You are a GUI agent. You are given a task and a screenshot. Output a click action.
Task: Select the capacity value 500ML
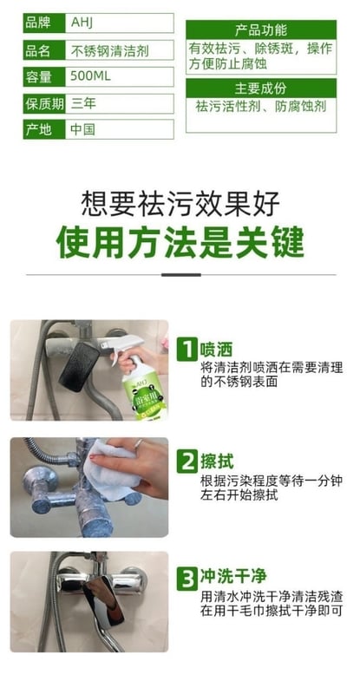click(90, 76)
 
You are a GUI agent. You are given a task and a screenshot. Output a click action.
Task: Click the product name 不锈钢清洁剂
click(109, 50)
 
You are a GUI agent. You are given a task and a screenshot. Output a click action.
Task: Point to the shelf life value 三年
click(83, 103)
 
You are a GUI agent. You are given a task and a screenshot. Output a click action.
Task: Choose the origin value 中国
click(82, 129)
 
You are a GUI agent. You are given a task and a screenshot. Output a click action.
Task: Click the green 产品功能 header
click(261, 29)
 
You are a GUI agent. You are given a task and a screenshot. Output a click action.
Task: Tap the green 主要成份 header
click(261, 88)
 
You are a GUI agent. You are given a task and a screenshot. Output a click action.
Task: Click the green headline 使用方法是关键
click(180, 242)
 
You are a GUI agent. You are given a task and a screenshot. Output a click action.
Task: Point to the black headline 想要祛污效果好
click(180, 203)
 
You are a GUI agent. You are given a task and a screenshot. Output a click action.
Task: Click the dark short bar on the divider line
click(180, 275)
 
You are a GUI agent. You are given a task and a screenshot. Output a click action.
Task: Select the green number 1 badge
click(187, 350)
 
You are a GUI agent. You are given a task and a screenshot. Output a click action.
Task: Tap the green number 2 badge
click(187, 462)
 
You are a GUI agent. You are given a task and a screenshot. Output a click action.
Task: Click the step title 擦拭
click(217, 462)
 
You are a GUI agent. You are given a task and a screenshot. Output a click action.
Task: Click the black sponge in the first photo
click(79, 366)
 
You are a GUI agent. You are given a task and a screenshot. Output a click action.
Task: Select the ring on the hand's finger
click(139, 444)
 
